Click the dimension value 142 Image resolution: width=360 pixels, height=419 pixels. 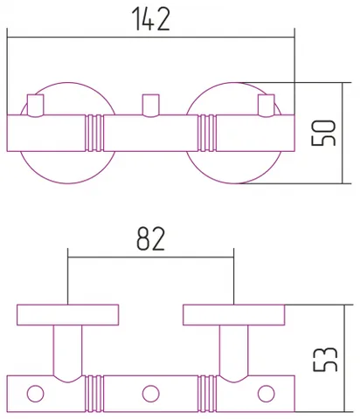coord(150,19)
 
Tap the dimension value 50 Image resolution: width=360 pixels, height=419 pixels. coord(323,133)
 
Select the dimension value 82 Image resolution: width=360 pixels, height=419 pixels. coord(151,239)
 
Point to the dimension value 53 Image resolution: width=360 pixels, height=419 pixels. coord(325,359)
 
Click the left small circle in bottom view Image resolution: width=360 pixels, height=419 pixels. coord(36,394)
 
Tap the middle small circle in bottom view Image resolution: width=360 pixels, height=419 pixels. coord(151,394)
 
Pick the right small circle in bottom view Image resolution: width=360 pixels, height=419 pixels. coord(267,394)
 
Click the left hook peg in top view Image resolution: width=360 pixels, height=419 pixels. coord(36,106)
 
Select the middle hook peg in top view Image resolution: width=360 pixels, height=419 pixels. coord(151,106)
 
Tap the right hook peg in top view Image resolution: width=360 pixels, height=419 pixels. coord(267,106)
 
